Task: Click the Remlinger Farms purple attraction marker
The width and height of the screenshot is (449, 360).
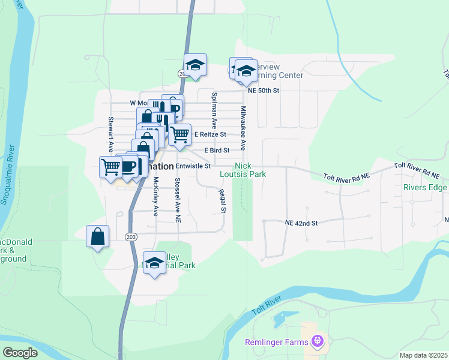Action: [x=318, y=342]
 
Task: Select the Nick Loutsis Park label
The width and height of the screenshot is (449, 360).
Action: [x=250, y=170]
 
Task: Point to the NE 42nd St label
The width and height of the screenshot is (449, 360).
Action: [x=300, y=223]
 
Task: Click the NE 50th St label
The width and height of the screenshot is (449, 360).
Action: [x=264, y=91]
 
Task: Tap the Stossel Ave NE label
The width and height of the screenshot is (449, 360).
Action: [x=177, y=200]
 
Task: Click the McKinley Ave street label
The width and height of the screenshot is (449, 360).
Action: [x=155, y=196]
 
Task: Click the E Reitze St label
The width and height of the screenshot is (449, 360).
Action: [x=209, y=134]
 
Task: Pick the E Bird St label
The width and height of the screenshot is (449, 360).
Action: [x=217, y=150]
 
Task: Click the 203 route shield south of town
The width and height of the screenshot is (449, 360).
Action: [x=131, y=237]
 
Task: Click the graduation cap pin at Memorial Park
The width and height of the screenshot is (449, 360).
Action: [x=155, y=263]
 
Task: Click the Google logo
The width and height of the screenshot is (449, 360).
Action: [x=20, y=353]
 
